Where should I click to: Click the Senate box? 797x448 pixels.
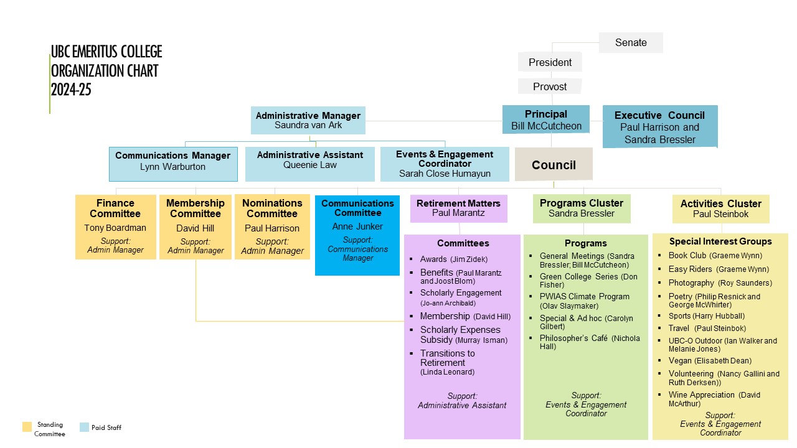(x=631, y=42)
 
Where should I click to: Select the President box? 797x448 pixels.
(x=550, y=62)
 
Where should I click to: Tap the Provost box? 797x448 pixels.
(x=550, y=86)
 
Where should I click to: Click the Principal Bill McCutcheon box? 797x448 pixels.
(x=545, y=120)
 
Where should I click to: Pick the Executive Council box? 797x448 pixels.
(x=659, y=127)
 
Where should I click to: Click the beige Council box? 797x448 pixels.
(x=554, y=165)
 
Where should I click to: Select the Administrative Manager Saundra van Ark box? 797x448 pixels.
(x=308, y=120)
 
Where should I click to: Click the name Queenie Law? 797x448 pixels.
(x=309, y=165)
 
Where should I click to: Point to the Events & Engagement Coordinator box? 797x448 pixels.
(x=445, y=164)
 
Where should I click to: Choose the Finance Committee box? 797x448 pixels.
(x=115, y=226)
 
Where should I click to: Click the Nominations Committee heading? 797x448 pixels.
(x=272, y=208)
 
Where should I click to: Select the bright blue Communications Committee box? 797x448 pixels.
(x=357, y=235)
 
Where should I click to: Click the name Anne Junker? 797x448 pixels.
(x=357, y=226)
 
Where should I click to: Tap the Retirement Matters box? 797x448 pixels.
(x=458, y=208)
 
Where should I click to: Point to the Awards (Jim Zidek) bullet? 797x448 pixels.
(x=453, y=259)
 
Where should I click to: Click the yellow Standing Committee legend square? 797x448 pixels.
(x=27, y=427)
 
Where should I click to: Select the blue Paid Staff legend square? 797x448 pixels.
(x=85, y=427)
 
